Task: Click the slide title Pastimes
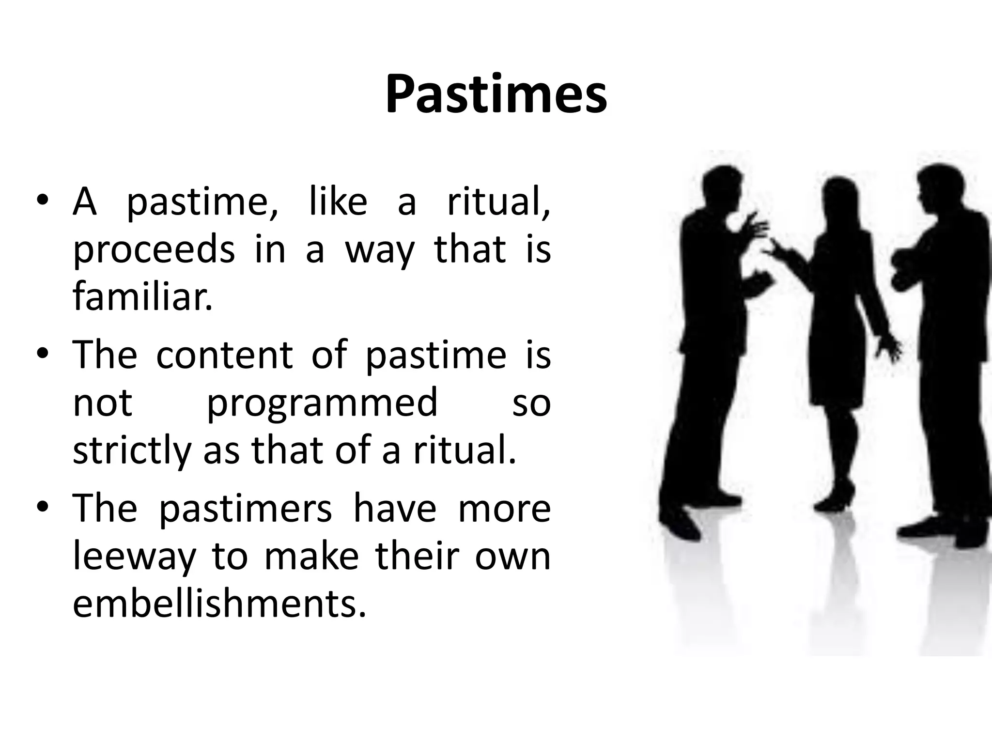click(x=496, y=95)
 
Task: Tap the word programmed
click(x=322, y=402)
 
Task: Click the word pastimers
click(x=246, y=509)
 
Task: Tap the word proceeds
click(x=154, y=250)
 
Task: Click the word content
click(x=224, y=355)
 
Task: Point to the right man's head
click(x=937, y=186)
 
